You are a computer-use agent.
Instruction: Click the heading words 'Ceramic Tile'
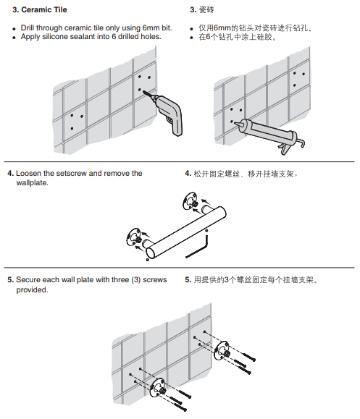point(44,10)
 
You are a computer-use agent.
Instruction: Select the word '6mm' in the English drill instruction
point(151,27)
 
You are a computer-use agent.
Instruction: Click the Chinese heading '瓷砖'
point(206,10)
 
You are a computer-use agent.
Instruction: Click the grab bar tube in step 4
point(186,232)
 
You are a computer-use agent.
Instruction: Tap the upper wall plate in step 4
point(191,201)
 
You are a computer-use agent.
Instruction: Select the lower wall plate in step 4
point(134,237)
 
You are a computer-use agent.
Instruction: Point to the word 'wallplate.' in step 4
point(32,183)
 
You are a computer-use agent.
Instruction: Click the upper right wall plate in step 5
point(222,351)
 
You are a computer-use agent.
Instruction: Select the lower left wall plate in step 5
point(158,389)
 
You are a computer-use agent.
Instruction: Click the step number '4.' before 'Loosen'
point(11,174)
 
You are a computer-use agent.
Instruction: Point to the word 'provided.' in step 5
point(32,290)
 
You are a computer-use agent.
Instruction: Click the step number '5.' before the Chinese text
point(188,280)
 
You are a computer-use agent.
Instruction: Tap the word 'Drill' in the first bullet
point(28,27)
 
